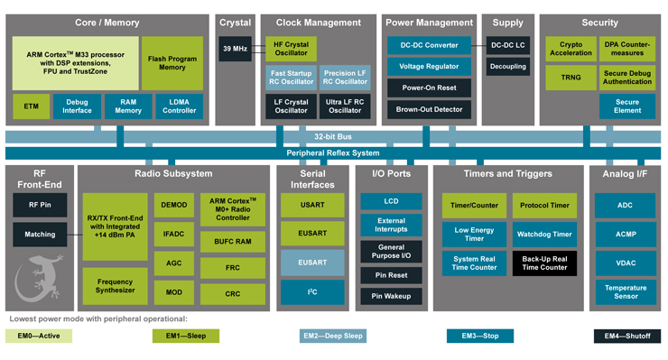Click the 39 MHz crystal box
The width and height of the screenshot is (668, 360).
tap(235, 49)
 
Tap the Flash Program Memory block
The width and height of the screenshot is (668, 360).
tap(172, 63)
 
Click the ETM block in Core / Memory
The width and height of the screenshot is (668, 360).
tap(32, 106)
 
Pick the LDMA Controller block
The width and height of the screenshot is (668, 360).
tap(180, 106)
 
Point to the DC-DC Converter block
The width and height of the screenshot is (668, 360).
tap(429, 45)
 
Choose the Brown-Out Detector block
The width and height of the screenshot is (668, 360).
tap(429, 110)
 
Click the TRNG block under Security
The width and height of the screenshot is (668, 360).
tap(570, 78)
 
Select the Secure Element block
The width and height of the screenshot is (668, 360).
tap(626, 106)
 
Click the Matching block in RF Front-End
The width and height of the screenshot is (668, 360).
tap(40, 235)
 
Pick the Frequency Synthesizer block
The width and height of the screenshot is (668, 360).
tap(115, 285)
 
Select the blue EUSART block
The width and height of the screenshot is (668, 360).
tap(311, 263)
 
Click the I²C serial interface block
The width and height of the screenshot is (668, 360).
tap(311, 292)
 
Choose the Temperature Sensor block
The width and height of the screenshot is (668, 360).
tap(626, 291)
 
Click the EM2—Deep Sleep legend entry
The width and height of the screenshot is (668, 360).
tap(334, 337)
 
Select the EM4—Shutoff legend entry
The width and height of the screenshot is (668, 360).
tap(626, 337)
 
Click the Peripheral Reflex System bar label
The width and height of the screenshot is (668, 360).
tap(333, 152)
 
